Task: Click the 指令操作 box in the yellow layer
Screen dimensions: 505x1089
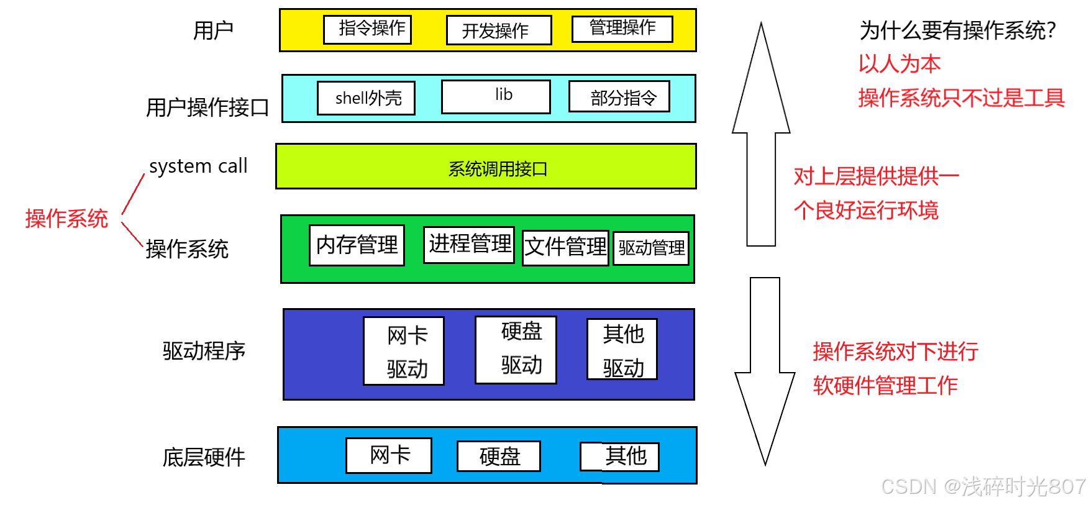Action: [367, 29]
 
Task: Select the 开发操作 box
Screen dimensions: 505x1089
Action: [499, 30]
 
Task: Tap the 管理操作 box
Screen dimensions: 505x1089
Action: [622, 29]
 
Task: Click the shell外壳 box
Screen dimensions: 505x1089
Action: [366, 98]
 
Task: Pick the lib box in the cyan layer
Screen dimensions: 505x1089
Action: [496, 96]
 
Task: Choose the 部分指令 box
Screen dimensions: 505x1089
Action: [619, 97]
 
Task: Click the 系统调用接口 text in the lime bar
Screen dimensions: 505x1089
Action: [498, 169]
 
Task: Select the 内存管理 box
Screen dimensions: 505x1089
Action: [357, 245]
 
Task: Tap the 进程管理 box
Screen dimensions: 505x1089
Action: [469, 245]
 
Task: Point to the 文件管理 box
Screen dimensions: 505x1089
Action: [565, 248]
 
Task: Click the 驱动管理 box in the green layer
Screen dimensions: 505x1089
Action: [651, 248]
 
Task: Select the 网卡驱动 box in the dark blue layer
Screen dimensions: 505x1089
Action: [404, 351]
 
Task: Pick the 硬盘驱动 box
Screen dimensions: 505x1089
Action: [516, 350]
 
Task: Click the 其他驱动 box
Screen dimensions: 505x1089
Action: [622, 349]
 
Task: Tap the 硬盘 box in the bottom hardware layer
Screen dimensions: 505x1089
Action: [499, 457]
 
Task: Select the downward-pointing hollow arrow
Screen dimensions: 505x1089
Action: [765, 373]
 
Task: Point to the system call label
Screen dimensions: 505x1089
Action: [198, 166]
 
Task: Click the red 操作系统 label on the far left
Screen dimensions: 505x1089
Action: [66, 219]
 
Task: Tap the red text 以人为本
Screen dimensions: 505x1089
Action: [899, 63]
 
